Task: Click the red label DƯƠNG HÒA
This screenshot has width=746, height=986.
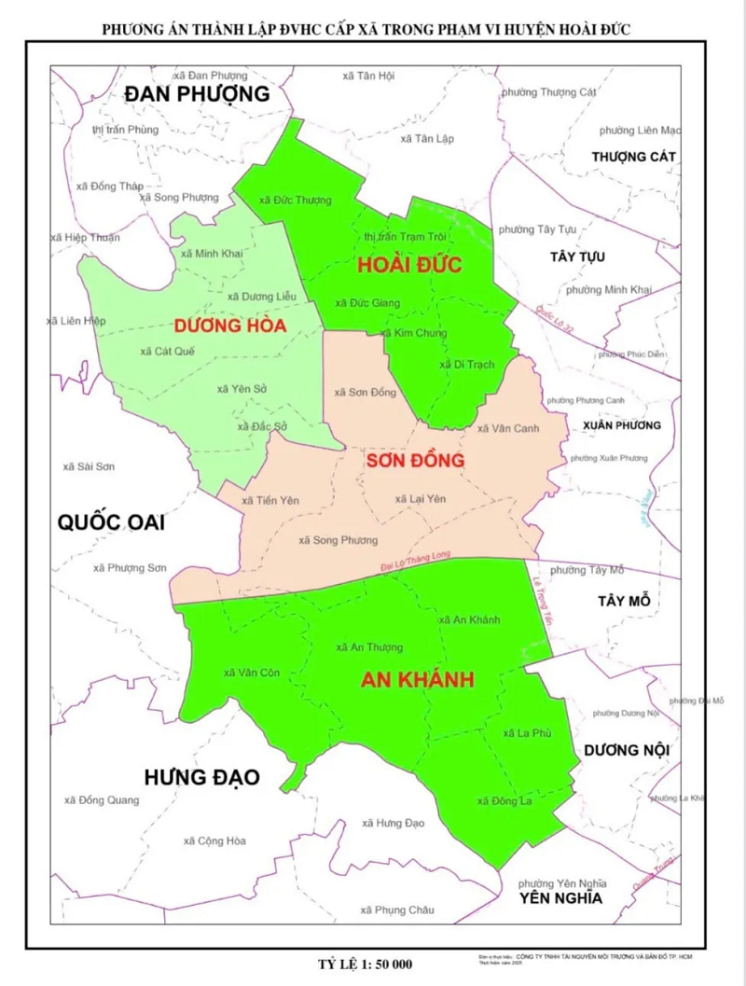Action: click(229, 326)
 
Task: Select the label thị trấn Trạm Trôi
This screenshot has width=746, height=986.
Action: click(406, 237)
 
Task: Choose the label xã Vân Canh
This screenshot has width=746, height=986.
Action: click(508, 428)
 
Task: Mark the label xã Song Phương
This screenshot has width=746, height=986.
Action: click(338, 540)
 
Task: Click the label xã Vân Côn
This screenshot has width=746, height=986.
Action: click(252, 673)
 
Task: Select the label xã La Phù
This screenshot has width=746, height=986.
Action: click(528, 734)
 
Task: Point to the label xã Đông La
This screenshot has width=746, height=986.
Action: click(504, 800)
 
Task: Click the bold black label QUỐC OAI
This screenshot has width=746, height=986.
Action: click(111, 521)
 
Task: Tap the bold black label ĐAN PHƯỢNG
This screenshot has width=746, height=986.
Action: click(197, 94)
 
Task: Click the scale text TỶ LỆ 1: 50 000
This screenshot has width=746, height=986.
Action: click(365, 964)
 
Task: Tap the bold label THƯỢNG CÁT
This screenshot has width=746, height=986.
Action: click(633, 157)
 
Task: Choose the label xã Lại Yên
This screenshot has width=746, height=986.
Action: click(421, 499)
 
